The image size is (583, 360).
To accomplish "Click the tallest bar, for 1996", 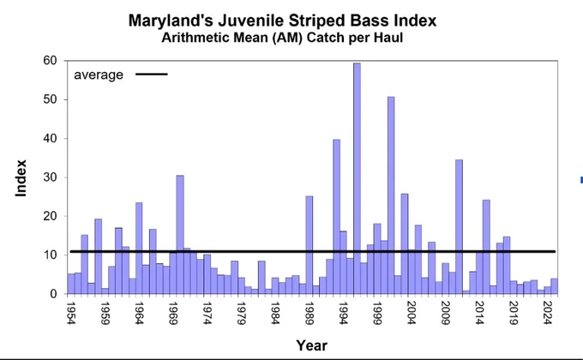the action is tap(357, 178).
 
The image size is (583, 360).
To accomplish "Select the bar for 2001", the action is tap(391, 195).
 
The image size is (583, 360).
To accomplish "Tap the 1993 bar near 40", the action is tap(336, 217).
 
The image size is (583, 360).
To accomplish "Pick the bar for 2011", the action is tap(460, 227).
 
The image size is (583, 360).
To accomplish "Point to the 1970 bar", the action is tap(180, 235).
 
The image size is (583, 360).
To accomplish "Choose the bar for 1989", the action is tap(310, 244).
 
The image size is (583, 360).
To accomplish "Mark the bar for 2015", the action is tap(486, 247).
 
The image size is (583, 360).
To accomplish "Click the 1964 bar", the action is tap(139, 248).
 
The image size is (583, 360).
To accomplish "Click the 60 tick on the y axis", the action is tap(50, 61).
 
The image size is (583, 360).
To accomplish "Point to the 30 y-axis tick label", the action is tap(50, 177).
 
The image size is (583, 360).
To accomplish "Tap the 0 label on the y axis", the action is tap(53, 294).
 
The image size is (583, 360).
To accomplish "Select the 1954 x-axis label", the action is tap(70, 313).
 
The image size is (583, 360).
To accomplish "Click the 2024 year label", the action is tap(547, 313).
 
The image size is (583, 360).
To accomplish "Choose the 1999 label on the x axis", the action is tap(377, 313).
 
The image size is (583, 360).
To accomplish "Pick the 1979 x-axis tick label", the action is tap(241, 313).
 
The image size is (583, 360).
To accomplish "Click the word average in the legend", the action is tap(99, 75).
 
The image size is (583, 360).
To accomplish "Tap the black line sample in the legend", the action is tap(152, 74).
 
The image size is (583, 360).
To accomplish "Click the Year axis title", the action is tap(311, 345).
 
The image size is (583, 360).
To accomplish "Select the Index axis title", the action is tap(21, 178).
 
